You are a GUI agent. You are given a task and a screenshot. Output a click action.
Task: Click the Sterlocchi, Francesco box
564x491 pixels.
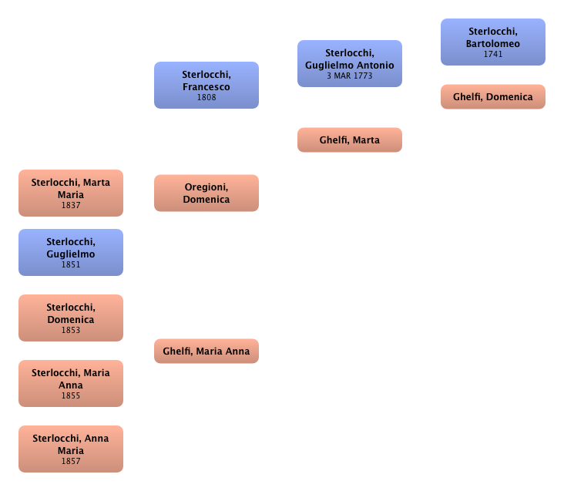click(206, 85)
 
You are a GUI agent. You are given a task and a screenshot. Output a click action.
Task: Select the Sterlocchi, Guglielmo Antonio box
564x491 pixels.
click(349, 63)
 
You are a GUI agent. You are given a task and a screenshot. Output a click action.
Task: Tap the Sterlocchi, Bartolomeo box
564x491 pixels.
click(492, 42)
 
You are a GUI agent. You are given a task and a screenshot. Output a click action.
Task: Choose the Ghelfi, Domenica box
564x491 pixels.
click(492, 97)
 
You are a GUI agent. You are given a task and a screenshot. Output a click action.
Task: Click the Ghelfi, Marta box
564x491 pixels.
click(349, 140)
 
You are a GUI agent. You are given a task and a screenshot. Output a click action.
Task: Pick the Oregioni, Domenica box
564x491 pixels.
click(206, 193)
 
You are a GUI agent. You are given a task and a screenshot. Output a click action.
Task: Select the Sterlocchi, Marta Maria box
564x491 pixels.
click(70, 193)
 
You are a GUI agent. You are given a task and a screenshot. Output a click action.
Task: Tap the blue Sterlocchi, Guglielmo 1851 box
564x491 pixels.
click(70, 252)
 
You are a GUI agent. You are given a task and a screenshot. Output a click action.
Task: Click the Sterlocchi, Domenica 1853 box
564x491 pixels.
click(70, 318)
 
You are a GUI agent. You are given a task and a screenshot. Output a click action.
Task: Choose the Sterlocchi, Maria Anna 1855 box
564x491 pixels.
click(70, 383)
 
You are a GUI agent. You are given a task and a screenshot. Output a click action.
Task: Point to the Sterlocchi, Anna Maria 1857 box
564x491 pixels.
click(70, 449)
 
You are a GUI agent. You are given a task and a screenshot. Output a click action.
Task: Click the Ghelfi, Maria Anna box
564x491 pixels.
click(206, 351)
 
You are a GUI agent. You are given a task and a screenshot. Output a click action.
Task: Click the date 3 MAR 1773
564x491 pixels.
click(349, 76)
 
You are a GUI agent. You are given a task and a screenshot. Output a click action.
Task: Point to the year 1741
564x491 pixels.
click(492, 55)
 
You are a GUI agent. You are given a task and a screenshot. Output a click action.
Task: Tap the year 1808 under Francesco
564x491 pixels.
click(206, 98)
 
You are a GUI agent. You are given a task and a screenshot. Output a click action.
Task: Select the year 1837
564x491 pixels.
click(70, 206)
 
